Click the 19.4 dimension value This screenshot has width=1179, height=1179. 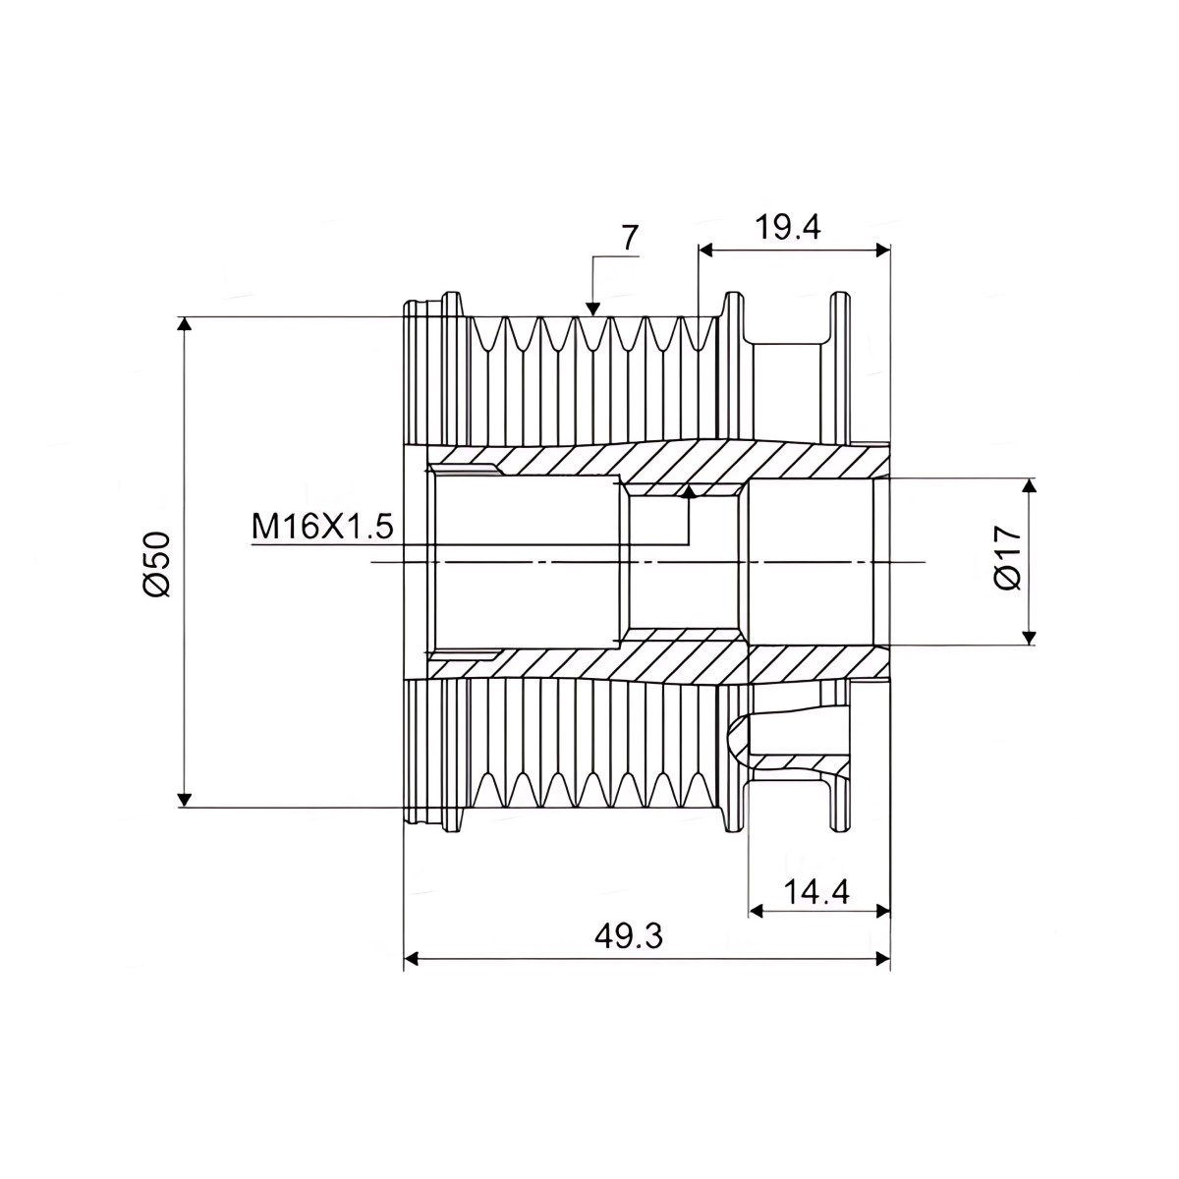pyautogui.click(x=787, y=229)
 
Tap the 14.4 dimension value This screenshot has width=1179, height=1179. pyautogui.click(x=816, y=893)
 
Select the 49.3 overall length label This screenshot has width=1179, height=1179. pyautogui.click(x=629, y=936)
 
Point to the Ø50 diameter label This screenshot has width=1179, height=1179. pyautogui.click(x=155, y=564)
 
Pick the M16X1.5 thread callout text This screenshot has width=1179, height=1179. pyautogui.click(x=322, y=527)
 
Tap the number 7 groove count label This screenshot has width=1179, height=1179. pyautogui.click(x=630, y=238)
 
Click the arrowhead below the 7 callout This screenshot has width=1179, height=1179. pyautogui.click(x=591, y=309)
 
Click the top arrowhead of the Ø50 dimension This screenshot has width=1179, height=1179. pyautogui.click(x=184, y=323)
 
